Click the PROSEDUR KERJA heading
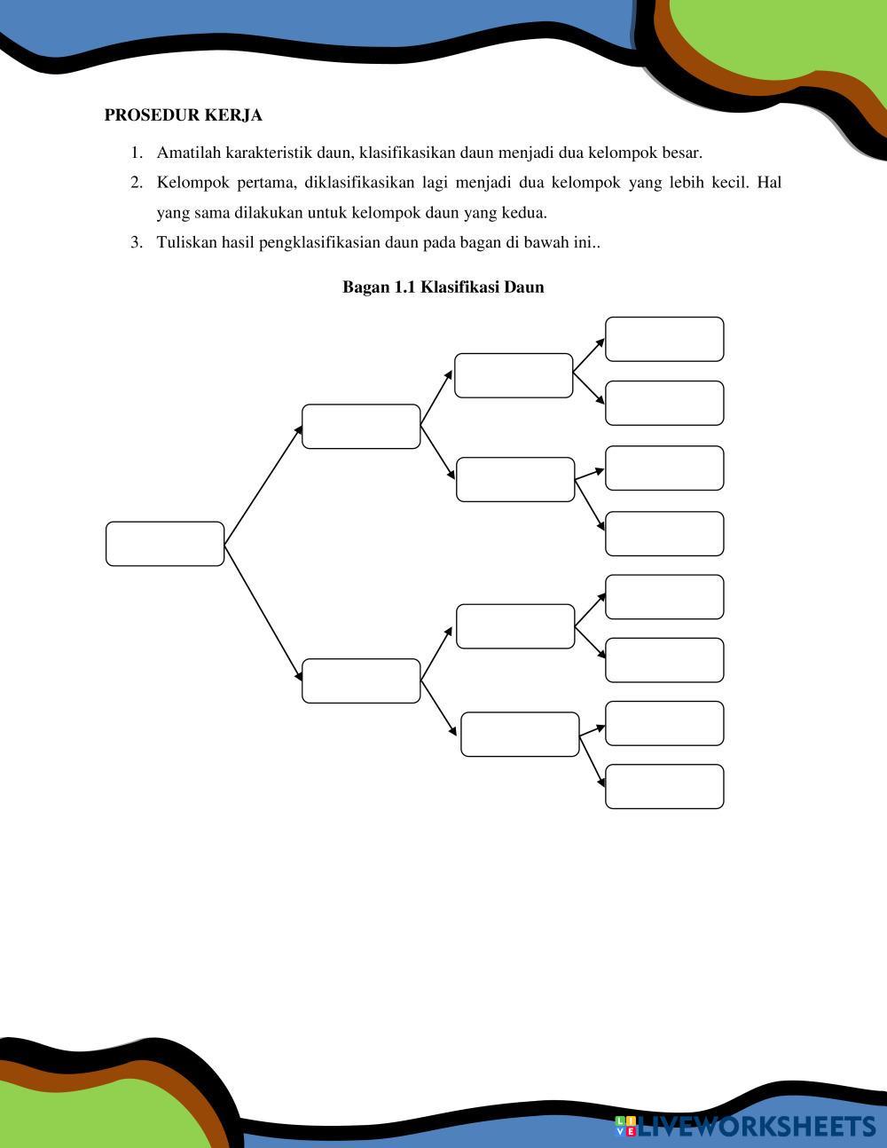pos(183,115)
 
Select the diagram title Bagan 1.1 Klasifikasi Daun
pos(443,287)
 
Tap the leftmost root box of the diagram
pos(165,544)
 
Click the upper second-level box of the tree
pos(361,427)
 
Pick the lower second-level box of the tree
pos(361,680)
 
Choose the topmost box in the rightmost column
pos(664,339)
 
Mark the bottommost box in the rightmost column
pos(664,787)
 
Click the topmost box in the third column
pos(514,375)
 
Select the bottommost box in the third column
pos(520,735)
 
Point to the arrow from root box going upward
pos(263,484)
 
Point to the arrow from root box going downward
pos(263,612)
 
